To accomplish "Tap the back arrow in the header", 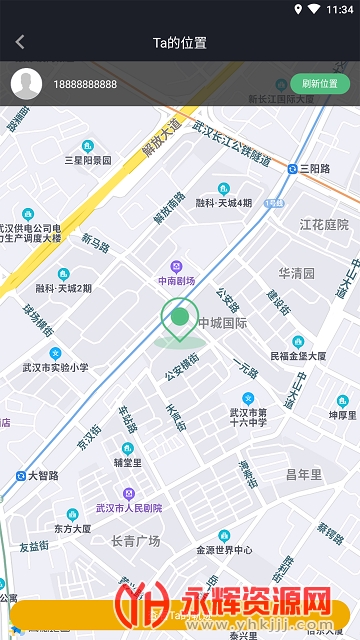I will click(x=20, y=42).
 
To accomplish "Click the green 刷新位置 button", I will click(x=320, y=84).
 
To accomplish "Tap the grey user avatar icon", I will click(x=26, y=84).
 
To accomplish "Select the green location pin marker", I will click(x=180, y=321).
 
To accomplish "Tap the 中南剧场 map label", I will click(x=177, y=282).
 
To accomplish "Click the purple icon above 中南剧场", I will click(x=177, y=266).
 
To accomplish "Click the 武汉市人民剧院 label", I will click(x=128, y=508).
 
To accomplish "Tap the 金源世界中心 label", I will click(x=223, y=550).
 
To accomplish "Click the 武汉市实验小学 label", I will click(x=56, y=367).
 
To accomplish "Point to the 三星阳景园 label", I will click(x=89, y=159).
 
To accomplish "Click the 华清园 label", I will click(x=296, y=272).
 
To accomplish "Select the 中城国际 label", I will click(x=222, y=322).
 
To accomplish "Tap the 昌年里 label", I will click(x=303, y=474).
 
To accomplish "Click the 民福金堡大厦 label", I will click(x=298, y=355).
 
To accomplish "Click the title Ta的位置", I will click(x=180, y=42).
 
